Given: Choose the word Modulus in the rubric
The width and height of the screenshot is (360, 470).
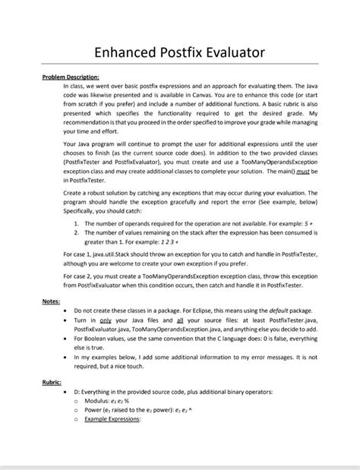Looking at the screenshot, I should tap(99, 401).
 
